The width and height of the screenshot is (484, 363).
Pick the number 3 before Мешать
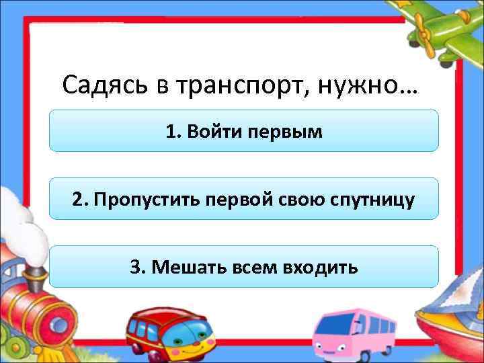click(136, 268)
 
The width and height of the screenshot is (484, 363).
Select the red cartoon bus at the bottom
click(167, 334)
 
